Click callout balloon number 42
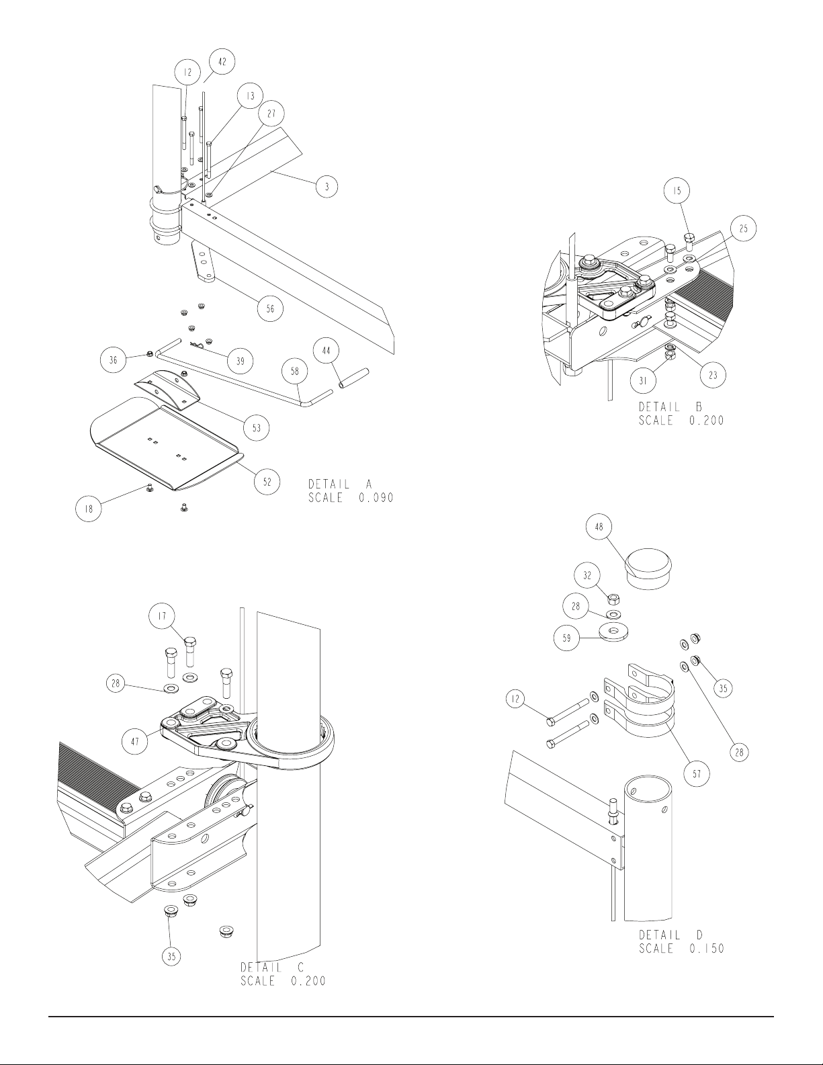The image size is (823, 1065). [x=222, y=62]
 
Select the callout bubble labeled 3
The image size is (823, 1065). [x=327, y=186]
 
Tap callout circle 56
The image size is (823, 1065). [x=270, y=308]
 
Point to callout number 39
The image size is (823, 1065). [x=240, y=361]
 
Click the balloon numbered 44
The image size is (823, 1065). [x=326, y=351]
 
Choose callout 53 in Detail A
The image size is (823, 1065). [x=257, y=428]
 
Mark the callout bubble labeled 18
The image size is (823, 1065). [x=88, y=509]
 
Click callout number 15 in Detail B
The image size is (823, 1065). [x=677, y=191]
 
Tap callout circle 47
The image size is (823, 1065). [x=135, y=742]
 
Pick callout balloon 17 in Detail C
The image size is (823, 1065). [x=163, y=616]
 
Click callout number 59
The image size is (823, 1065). [x=566, y=638]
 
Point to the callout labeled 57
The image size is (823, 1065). [x=697, y=774]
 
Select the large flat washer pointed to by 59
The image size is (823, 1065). [x=615, y=630]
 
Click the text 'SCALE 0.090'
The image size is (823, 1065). [x=351, y=498]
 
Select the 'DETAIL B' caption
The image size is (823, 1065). [x=670, y=407]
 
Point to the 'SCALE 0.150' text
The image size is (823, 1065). [x=681, y=948]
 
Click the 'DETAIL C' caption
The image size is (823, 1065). [x=272, y=968]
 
